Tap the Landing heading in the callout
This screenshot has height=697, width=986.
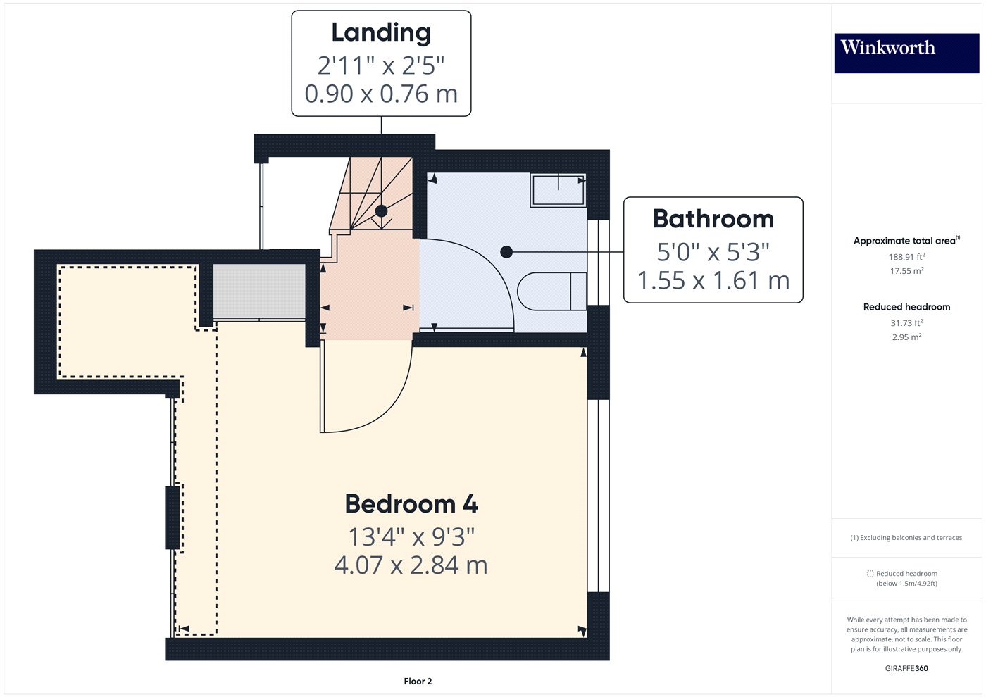pyautogui.click(x=381, y=33)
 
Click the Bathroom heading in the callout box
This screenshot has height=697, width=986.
pyautogui.click(x=713, y=219)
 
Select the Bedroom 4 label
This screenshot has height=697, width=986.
pyautogui.click(x=411, y=504)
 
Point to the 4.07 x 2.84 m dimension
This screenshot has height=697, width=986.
pyautogui.click(x=411, y=565)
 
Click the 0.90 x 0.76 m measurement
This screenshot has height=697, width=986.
pyautogui.click(x=381, y=94)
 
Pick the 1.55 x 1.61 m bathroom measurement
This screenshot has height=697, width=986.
pyautogui.click(x=713, y=280)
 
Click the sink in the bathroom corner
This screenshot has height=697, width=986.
pyautogui.click(x=558, y=190)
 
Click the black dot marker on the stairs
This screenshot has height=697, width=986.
pyautogui.click(x=381, y=211)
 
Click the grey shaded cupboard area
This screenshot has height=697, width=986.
pyautogui.click(x=259, y=291)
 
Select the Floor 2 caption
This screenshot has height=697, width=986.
pyautogui.click(x=418, y=682)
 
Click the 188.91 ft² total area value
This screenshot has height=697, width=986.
pyautogui.click(x=906, y=257)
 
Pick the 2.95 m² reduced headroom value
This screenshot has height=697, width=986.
pyautogui.click(x=906, y=337)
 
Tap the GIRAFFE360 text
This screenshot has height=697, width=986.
pyautogui.click(x=906, y=668)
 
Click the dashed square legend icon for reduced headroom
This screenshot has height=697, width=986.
pyautogui.click(x=870, y=574)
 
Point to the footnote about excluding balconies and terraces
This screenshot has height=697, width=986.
pyautogui.click(x=906, y=538)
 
